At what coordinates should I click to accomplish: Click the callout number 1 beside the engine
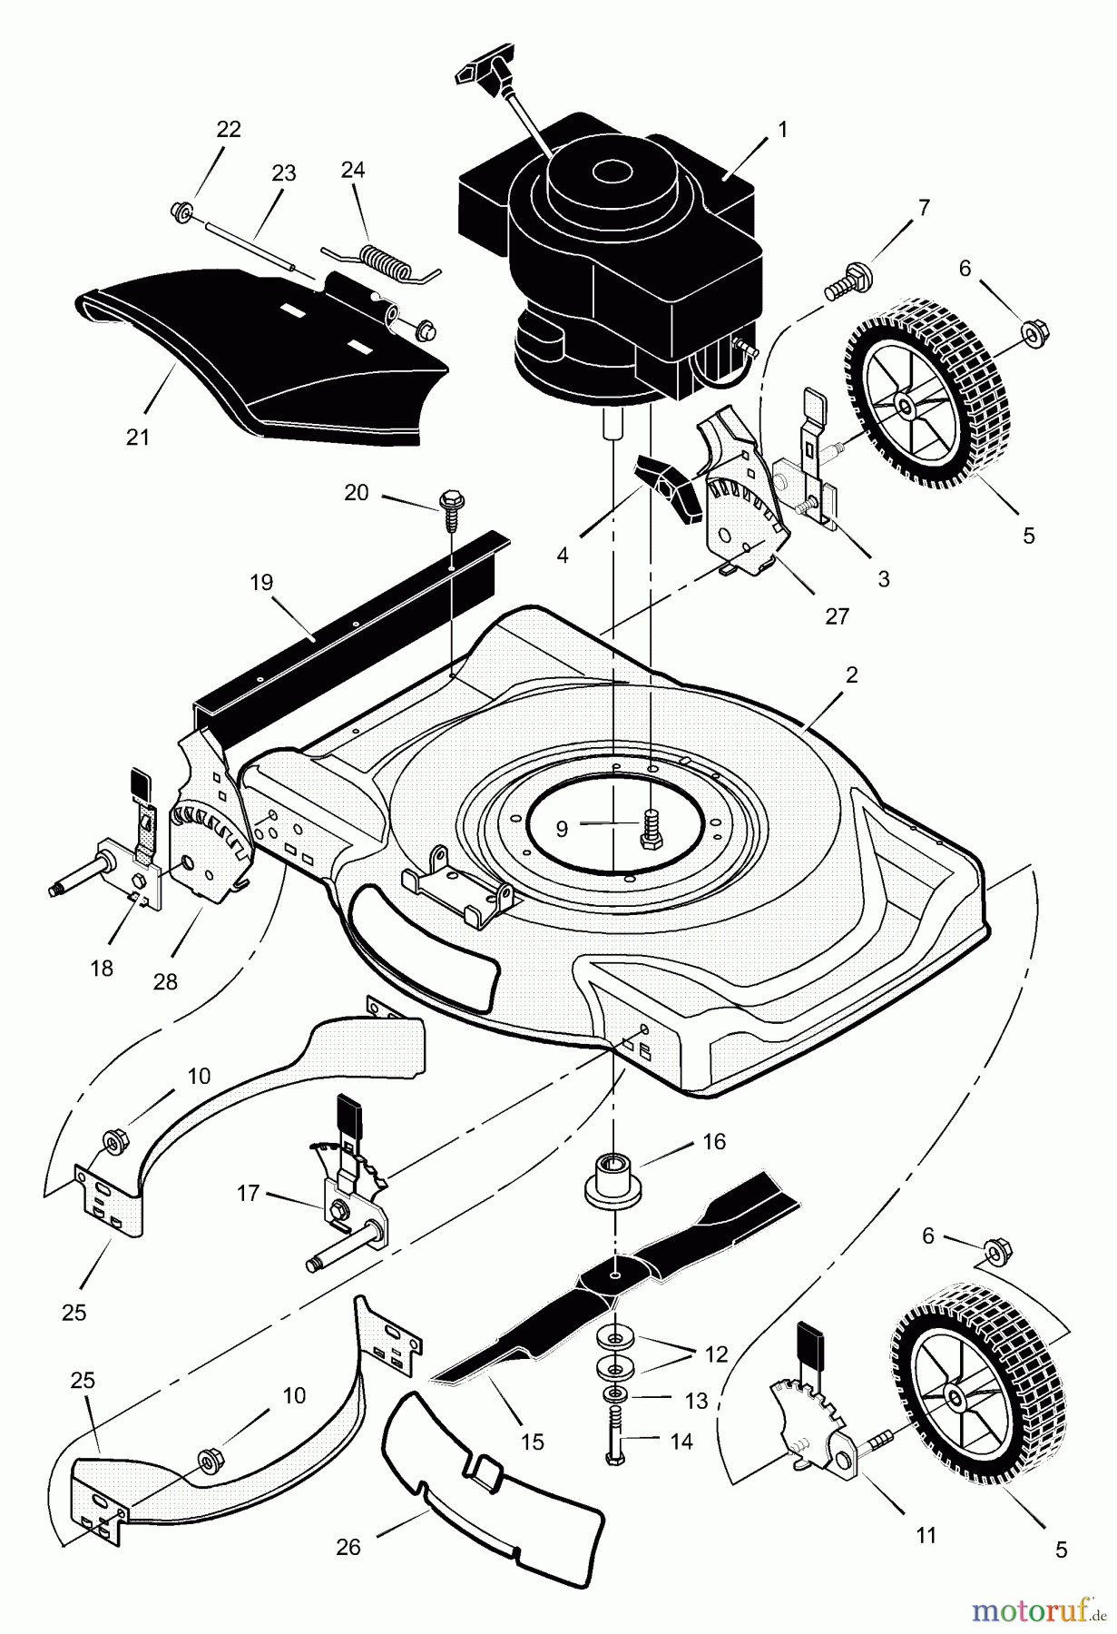pos(781,130)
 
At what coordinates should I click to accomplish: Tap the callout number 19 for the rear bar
pos(261,582)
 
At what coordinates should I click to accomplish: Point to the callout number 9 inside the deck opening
pos(562,827)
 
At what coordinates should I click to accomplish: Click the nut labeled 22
pos(180,212)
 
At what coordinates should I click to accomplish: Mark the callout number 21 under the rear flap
pos(137,437)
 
